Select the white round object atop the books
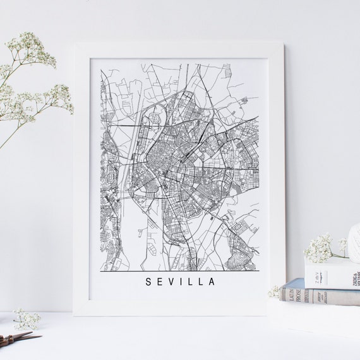tap(354, 240)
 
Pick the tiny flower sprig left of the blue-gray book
tap(274, 291)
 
